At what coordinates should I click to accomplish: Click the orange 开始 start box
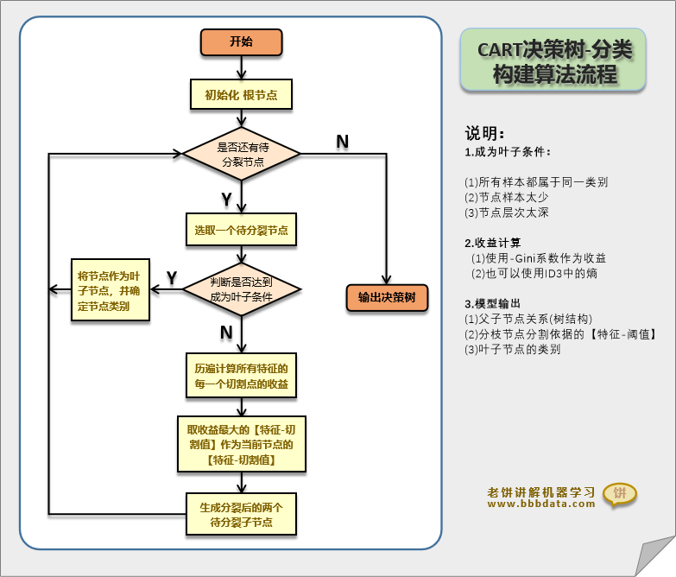241,42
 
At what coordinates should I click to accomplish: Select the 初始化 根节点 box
241,95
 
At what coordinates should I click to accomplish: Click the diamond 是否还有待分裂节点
241,155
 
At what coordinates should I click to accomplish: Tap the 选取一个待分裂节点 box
241,231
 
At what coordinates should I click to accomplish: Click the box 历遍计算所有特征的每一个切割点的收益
241,376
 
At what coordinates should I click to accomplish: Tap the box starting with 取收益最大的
241,445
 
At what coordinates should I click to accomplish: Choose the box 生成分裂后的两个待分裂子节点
241,515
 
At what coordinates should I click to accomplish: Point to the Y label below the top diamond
226,200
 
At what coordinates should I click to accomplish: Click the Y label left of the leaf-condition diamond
172,277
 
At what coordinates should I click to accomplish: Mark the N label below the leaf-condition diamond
226,333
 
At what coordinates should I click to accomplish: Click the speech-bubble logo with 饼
619,494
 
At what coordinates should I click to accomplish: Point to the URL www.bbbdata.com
540,504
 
